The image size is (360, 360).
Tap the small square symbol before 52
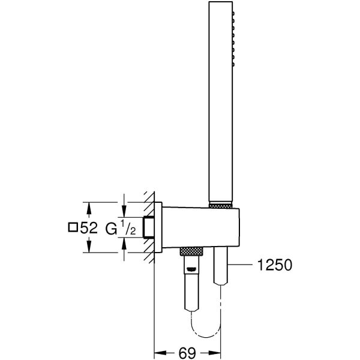(73, 228)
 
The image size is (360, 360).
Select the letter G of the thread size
(111, 228)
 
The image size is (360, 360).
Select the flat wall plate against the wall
(158, 228)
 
